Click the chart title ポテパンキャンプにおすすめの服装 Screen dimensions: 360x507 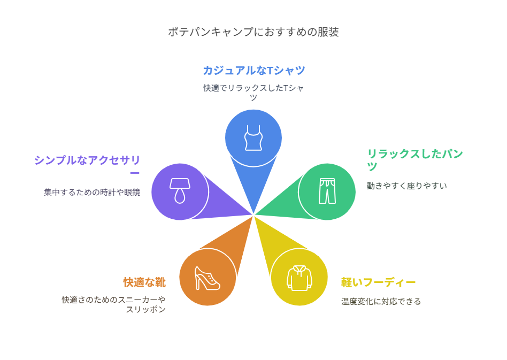253,32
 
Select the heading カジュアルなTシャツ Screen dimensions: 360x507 253,70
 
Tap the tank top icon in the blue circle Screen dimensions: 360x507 253,138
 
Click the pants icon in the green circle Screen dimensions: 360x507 327,191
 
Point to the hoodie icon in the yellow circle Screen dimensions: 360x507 299,278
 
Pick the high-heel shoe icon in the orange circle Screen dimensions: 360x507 207,278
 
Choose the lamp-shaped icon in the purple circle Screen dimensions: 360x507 180,191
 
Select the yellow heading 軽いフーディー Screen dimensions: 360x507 378,282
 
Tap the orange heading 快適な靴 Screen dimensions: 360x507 144,282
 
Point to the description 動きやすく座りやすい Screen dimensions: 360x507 406,186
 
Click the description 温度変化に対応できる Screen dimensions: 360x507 381,302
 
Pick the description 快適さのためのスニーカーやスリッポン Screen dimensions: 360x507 113,304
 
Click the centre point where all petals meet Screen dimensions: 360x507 253,215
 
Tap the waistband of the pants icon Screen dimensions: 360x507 327,180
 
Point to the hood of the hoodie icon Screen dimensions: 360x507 299,269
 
